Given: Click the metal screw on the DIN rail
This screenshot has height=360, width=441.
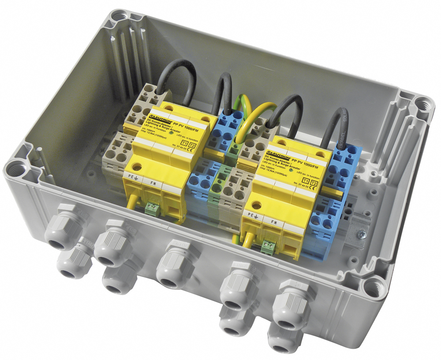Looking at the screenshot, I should pos(362,235).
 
